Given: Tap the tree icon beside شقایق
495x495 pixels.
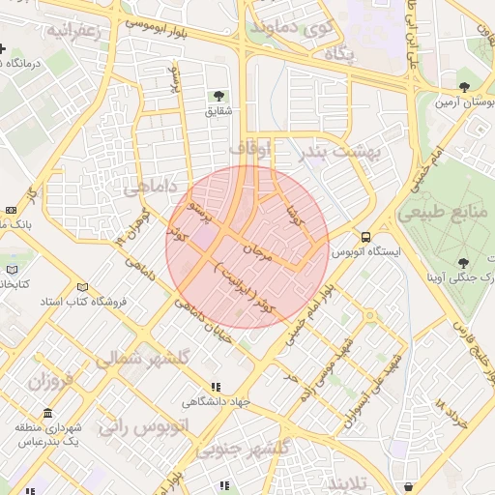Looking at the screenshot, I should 218,95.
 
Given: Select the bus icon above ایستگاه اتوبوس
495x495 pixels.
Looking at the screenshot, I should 366,236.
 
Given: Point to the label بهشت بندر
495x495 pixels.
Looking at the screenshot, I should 341,152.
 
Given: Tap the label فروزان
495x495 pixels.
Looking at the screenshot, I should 50,381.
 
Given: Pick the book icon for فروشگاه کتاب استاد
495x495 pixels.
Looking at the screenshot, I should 82,287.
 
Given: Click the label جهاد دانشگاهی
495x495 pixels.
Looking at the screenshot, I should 218,401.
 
